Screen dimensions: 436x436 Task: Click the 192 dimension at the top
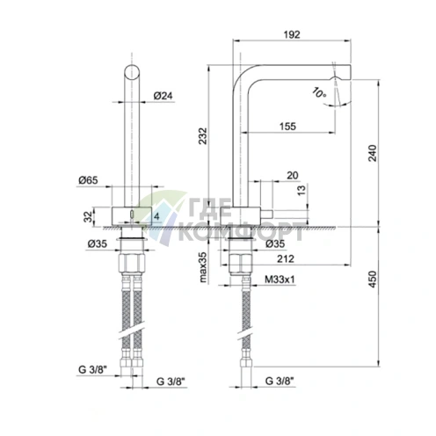click(x=292, y=34)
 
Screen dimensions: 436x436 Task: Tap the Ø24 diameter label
click(x=163, y=96)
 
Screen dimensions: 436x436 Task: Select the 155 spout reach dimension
click(x=287, y=127)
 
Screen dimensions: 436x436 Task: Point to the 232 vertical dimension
click(x=203, y=136)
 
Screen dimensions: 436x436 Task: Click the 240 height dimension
click(x=372, y=153)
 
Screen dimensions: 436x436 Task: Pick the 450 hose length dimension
click(x=372, y=279)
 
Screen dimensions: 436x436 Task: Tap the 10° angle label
click(x=318, y=92)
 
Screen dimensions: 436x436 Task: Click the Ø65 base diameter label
click(x=88, y=180)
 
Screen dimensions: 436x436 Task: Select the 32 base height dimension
click(x=88, y=217)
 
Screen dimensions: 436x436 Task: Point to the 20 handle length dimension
click(x=293, y=175)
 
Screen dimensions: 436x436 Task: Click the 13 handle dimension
click(x=302, y=191)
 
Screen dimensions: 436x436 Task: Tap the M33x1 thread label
click(x=280, y=280)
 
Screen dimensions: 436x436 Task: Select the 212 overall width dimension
click(x=286, y=258)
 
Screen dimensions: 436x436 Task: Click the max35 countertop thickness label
click(x=203, y=267)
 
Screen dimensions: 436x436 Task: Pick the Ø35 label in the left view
click(x=98, y=243)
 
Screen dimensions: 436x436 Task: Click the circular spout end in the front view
click(x=132, y=72)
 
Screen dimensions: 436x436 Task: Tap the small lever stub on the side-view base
click(x=266, y=214)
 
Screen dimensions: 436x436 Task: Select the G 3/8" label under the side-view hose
click(x=280, y=381)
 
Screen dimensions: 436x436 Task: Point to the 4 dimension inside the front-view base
click(x=156, y=216)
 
